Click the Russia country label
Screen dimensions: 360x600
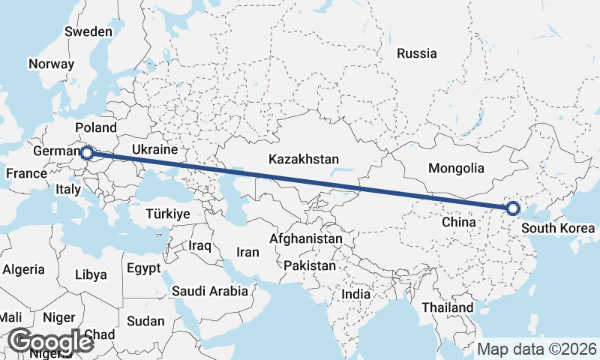point(417,53)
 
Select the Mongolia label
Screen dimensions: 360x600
point(456,168)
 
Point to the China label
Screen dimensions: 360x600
point(459,222)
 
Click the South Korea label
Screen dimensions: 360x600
point(559,228)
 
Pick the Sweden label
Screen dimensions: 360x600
point(88,32)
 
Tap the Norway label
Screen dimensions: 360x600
point(51,64)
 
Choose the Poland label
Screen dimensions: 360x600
point(96,127)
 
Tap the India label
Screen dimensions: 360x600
point(356,295)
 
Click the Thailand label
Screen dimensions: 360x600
point(447,307)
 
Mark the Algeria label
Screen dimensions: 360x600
point(24,269)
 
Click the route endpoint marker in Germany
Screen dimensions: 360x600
point(86,153)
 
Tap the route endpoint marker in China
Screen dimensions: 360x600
point(513,208)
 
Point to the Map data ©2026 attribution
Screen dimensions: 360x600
point(537,349)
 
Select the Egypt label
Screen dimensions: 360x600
point(143,268)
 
